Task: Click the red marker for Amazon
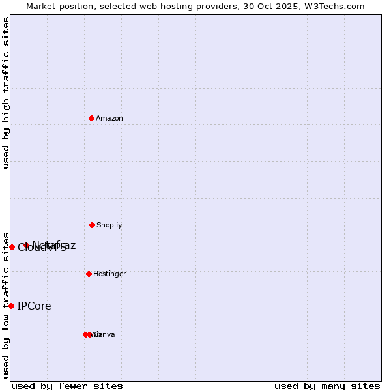click(91, 118)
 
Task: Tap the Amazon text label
click(109, 119)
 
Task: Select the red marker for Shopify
click(92, 225)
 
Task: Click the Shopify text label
click(109, 225)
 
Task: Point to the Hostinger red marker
click(89, 274)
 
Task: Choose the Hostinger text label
click(109, 274)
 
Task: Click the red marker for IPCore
click(11, 306)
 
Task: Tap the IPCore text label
click(34, 306)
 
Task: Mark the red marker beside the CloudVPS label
click(12, 247)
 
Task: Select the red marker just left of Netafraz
click(26, 246)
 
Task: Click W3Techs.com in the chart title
click(336, 7)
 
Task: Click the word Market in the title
click(41, 7)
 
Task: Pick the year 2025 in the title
click(290, 7)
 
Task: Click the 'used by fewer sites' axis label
click(67, 386)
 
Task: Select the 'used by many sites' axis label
click(327, 386)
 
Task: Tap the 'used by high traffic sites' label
click(6, 93)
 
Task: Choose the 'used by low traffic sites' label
click(6, 305)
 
